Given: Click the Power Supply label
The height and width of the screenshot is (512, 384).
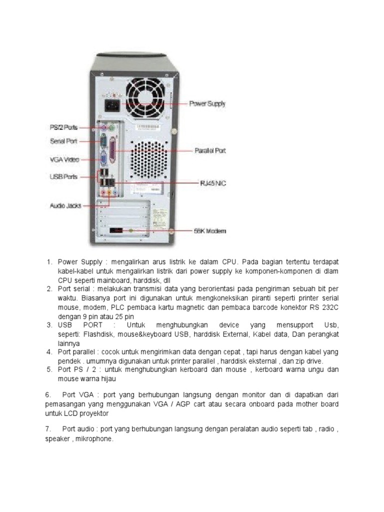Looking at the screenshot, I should pos(206,104).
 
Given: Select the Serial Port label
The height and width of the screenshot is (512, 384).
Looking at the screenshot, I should pos(63,141).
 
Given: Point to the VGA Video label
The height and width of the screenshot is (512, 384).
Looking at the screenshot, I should pos(63,160).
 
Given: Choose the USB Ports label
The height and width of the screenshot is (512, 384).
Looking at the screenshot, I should pos(63,176).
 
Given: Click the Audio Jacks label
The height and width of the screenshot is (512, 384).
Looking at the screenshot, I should pos(65,205).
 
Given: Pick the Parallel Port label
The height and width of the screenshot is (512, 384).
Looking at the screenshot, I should pos(210,150).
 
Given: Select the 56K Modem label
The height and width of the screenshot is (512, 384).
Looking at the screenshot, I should pos(210,231).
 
